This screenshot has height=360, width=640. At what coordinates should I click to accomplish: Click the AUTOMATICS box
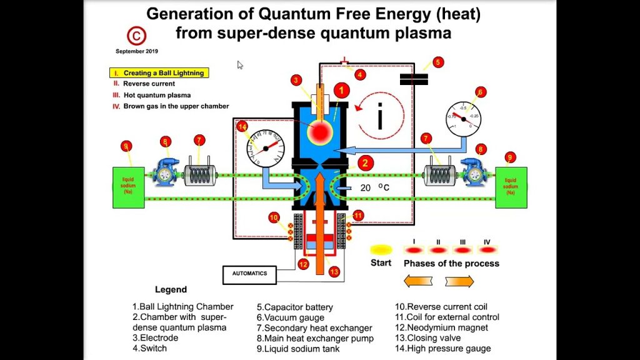(249, 274)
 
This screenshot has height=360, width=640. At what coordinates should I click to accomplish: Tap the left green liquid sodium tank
(127, 187)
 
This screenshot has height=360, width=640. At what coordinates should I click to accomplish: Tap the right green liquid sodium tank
(511, 187)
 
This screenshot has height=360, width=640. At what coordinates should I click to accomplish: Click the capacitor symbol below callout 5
(413, 78)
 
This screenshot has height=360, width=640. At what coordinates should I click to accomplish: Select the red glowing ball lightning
(322, 131)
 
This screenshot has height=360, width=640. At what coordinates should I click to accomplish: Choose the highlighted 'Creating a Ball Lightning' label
(164, 73)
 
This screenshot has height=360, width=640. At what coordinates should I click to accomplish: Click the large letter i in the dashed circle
(379, 117)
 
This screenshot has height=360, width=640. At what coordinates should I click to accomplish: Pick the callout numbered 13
(334, 271)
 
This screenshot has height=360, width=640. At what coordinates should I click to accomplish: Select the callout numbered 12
(303, 264)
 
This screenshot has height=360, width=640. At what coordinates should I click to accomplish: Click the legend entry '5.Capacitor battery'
(294, 307)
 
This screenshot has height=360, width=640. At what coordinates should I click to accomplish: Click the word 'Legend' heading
(171, 290)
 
